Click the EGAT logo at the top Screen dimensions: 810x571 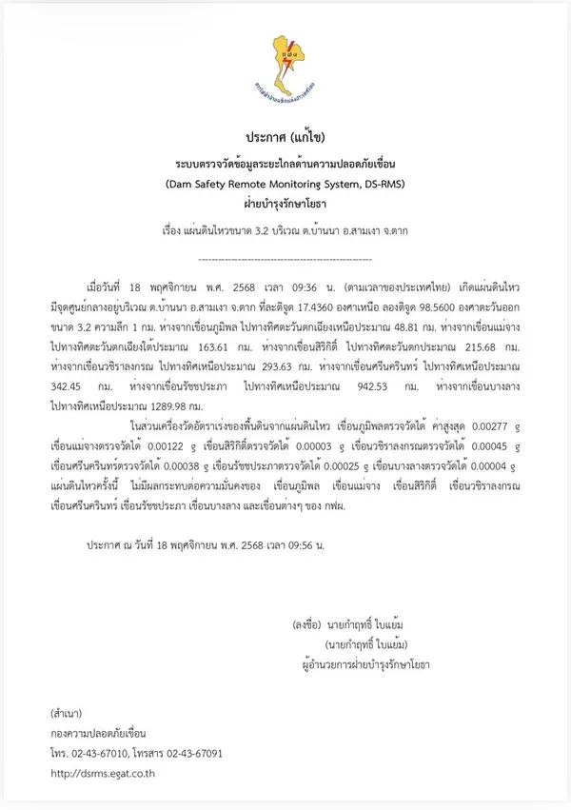click(285, 68)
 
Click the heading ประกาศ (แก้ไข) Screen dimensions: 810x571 click(285, 136)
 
